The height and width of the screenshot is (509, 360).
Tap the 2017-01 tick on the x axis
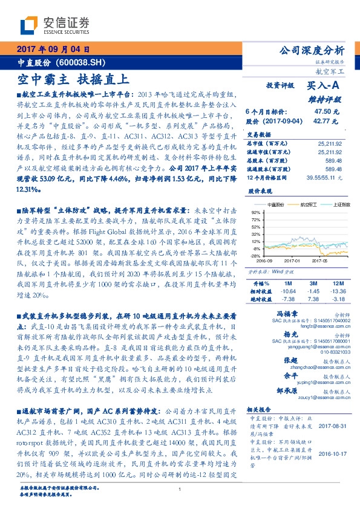point(295,261)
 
